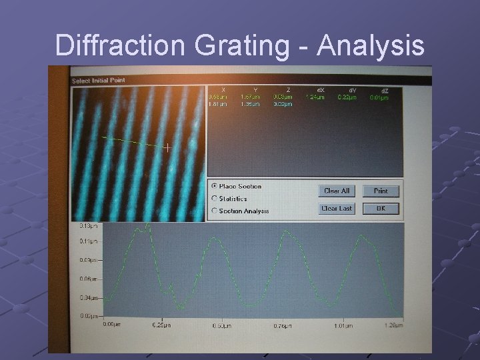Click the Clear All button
tap(337, 191)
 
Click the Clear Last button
tap(337, 209)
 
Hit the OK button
tap(381, 209)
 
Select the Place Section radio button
tap(214, 186)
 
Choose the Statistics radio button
tap(214, 198)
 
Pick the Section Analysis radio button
tap(214, 211)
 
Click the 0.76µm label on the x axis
tap(283, 325)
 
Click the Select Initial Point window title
tap(98, 81)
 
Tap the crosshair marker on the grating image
tap(167, 147)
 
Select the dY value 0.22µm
tap(347, 97)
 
